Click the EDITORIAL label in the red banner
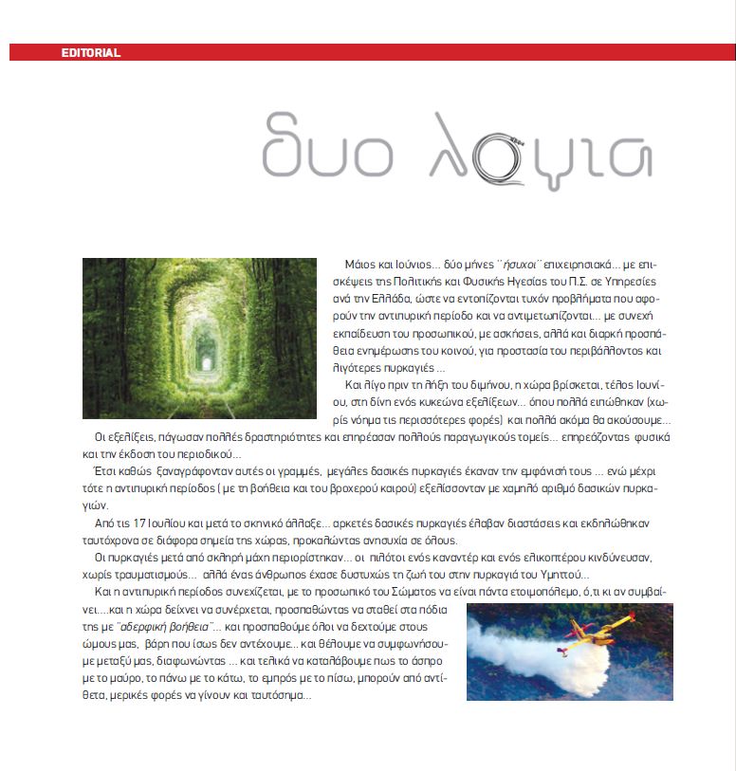pyautogui.click(x=90, y=53)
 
